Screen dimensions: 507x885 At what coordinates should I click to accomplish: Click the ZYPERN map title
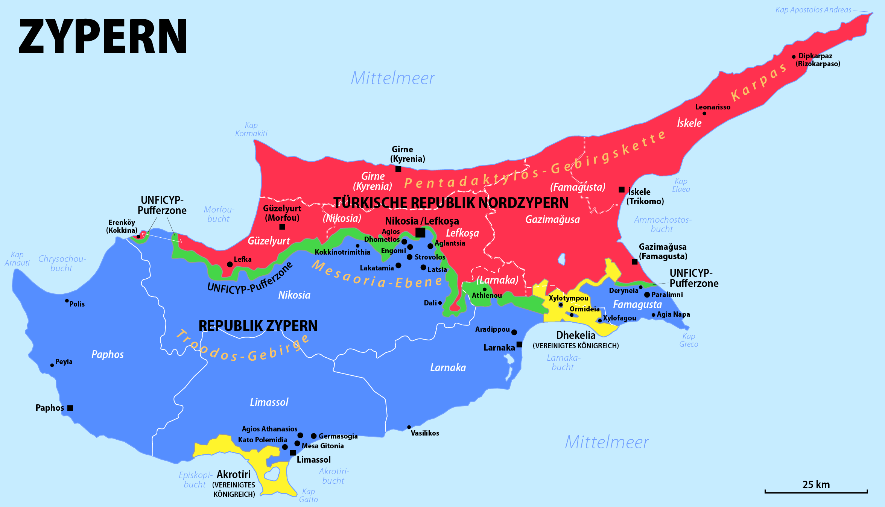pyautogui.click(x=102, y=36)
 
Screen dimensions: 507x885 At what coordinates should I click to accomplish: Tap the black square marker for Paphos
pyautogui.click(x=70, y=408)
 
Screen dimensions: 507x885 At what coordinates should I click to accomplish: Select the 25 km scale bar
pyautogui.click(x=816, y=491)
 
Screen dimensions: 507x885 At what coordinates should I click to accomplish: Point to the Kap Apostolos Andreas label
pyautogui.click(x=813, y=10)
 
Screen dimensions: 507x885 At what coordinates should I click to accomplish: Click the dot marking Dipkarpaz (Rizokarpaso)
pyautogui.click(x=794, y=57)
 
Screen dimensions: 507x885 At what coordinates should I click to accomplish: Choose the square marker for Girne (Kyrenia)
pyautogui.click(x=398, y=169)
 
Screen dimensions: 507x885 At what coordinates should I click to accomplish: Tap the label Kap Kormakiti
pyautogui.click(x=251, y=129)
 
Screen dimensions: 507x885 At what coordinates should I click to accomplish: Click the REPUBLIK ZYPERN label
pyautogui.click(x=258, y=326)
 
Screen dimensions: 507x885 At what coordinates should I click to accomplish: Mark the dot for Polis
pyautogui.click(x=67, y=301)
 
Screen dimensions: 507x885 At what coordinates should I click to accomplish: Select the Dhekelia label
pyautogui.click(x=576, y=335)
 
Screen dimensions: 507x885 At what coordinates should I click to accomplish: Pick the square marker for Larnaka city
pyautogui.click(x=519, y=344)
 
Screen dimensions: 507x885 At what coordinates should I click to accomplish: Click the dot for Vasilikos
pyautogui.click(x=409, y=427)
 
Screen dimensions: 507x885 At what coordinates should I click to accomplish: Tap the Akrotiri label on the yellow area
pyautogui.click(x=234, y=474)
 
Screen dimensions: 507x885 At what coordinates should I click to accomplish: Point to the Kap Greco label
pyautogui.click(x=689, y=340)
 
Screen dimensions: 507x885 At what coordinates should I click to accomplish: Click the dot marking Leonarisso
pyautogui.click(x=704, y=113)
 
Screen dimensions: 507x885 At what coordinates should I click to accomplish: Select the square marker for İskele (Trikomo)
pyautogui.click(x=622, y=190)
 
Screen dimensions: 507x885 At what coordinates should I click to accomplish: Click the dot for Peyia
pyautogui.click(x=52, y=365)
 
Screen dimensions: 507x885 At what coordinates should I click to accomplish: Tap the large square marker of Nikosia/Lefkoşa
pyautogui.click(x=420, y=232)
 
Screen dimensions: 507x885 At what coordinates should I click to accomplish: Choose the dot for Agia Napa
pyautogui.click(x=654, y=315)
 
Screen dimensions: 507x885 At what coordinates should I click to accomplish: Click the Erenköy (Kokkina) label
pyautogui.click(x=122, y=226)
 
